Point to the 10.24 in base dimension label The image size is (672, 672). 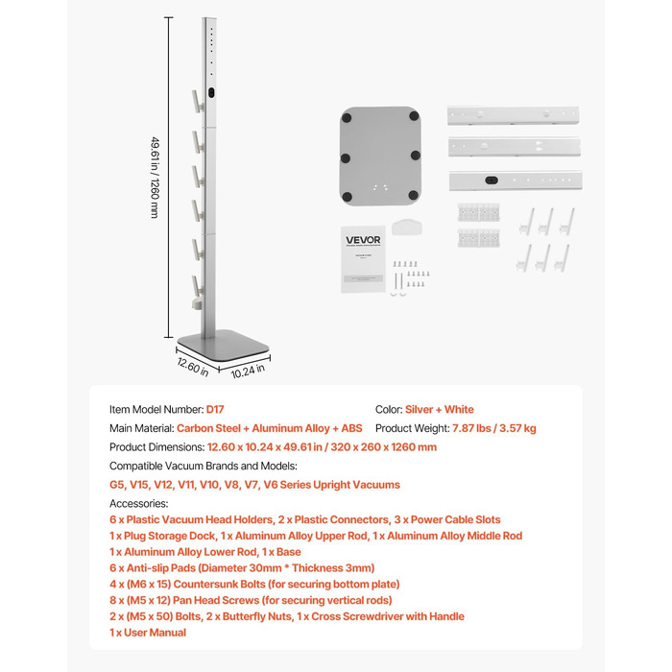tap(248, 367)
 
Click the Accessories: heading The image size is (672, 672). tap(138, 503)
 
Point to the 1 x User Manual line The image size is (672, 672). tap(148, 633)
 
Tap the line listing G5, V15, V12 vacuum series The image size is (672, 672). tap(254, 485)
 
